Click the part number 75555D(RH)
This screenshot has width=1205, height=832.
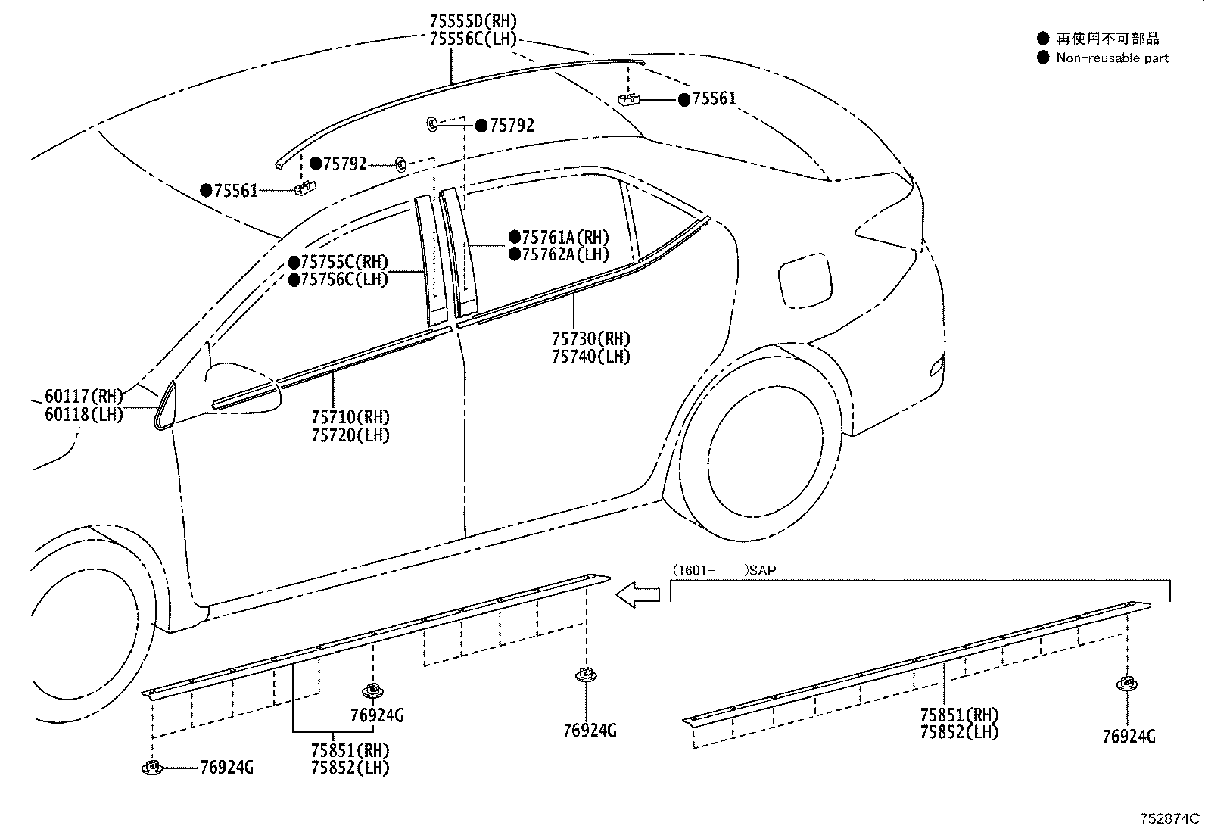(x=473, y=21)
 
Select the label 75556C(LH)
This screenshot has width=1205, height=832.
(x=473, y=39)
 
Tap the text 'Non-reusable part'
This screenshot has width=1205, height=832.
(x=1113, y=58)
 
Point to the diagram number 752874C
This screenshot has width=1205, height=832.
(x=1169, y=818)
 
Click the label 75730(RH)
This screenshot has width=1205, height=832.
(x=590, y=339)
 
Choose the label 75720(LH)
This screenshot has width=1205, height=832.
(x=350, y=435)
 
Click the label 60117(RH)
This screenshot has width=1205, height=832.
(x=84, y=397)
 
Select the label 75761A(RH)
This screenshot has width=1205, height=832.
(x=565, y=237)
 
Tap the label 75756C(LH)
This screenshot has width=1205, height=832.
(x=344, y=280)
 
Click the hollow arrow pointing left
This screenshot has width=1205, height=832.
(x=637, y=595)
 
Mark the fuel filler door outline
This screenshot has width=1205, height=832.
(x=805, y=281)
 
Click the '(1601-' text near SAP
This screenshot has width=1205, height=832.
(x=693, y=571)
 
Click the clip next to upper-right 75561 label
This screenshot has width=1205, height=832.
(x=628, y=100)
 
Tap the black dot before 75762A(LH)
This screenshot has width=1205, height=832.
(x=514, y=254)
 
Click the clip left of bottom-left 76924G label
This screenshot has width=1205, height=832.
(x=152, y=767)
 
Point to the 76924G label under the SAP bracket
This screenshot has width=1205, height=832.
(x=1129, y=737)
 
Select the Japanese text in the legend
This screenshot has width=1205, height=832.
(x=1107, y=38)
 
